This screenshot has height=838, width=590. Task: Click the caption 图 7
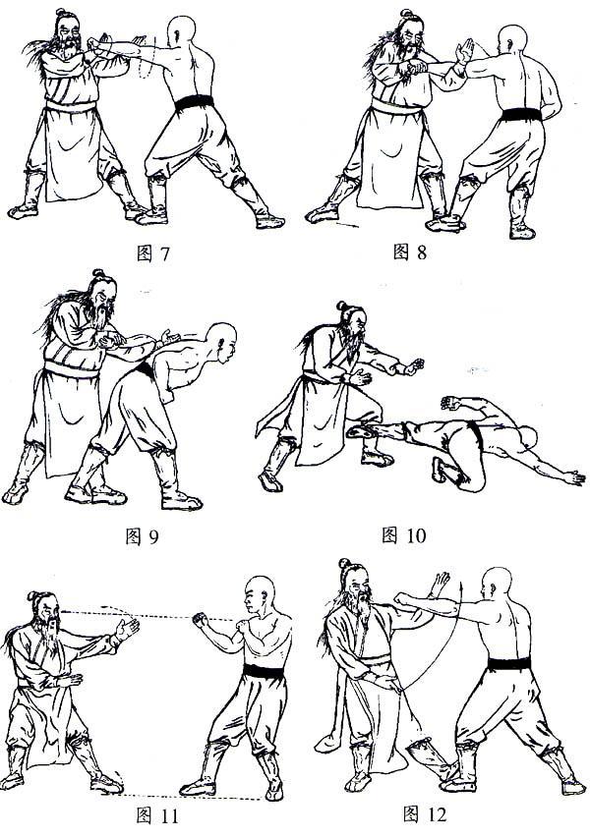pyautogui.click(x=153, y=253)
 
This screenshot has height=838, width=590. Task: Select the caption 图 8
pyautogui.click(x=410, y=251)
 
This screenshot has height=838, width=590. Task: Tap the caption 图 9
pyautogui.click(x=142, y=535)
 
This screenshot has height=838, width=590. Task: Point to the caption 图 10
pyautogui.click(x=403, y=534)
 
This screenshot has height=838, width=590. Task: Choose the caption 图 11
pyautogui.click(x=156, y=815)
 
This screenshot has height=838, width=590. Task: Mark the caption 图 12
pyautogui.click(x=424, y=814)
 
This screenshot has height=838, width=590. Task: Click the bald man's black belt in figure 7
pyautogui.click(x=194, y=102)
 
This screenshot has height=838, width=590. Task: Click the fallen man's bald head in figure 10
pyautogui.click(x=530, y=439)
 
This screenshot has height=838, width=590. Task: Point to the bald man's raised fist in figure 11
pyautogui.click(x=201, y=620)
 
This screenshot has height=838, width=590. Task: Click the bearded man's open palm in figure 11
pyautogui.click(x=128, y=629)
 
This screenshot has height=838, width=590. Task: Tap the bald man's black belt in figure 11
pyautogui.click(x=264, y=671)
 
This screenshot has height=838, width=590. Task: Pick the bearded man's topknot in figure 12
pyautogui.click(x=344, y=563)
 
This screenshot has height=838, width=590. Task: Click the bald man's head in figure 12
pyautogui.click(x=496, y=584)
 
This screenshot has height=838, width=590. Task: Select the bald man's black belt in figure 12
pyautogui.click(x=509, y=664)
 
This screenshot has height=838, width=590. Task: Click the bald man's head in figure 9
pyautogui.click(x=221, y=340)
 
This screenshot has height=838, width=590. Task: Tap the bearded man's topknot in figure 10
pyautogui.click(x=342, y=306)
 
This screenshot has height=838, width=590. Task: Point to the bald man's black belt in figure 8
pyautogui.click(x=521, y=114)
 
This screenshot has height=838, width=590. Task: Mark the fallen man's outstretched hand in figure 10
pyautogui.click(x=574, y=477)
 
